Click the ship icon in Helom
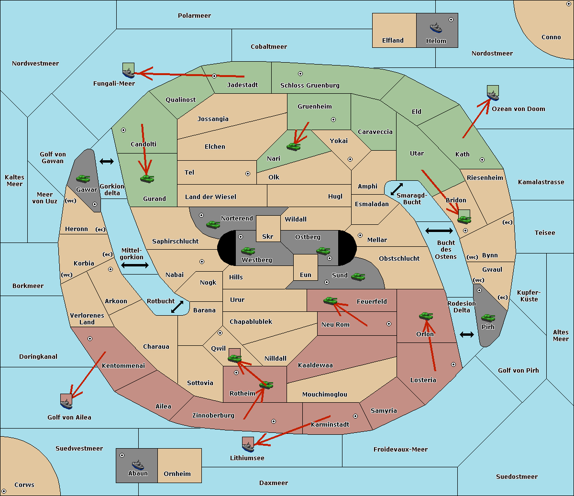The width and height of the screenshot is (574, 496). (x=436, y=28)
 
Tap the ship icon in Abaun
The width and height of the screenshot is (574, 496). (x=138, y=464)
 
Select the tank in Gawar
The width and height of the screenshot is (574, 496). (x=83, y=178)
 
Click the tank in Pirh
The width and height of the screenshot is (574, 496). (x=488, y=318)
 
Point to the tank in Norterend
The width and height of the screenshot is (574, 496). (x=213, y=224)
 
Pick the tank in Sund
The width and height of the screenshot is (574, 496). (x=358, y=277)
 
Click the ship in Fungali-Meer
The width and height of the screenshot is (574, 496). (x=128, y=73)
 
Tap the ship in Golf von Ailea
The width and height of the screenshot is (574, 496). (x=66, y=404)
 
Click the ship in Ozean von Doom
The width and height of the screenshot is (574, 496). (x=493, y=96)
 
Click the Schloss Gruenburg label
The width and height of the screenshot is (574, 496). (x=310, y=85)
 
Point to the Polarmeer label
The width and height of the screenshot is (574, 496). (x=194, y=16)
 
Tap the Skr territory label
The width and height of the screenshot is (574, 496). (x=268, y=236)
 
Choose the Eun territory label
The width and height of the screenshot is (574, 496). (x=306, y=275)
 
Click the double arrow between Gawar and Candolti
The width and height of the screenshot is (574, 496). (x=107, y=161)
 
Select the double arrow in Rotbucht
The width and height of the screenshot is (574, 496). (x=177, y=307)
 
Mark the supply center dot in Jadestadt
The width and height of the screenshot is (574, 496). (x=214, y=76)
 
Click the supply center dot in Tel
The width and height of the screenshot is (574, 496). (x=248, y=174)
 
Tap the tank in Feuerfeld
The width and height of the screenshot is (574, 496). (x=330, y=301)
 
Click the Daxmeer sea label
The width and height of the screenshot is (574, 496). (x=274, y=483)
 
